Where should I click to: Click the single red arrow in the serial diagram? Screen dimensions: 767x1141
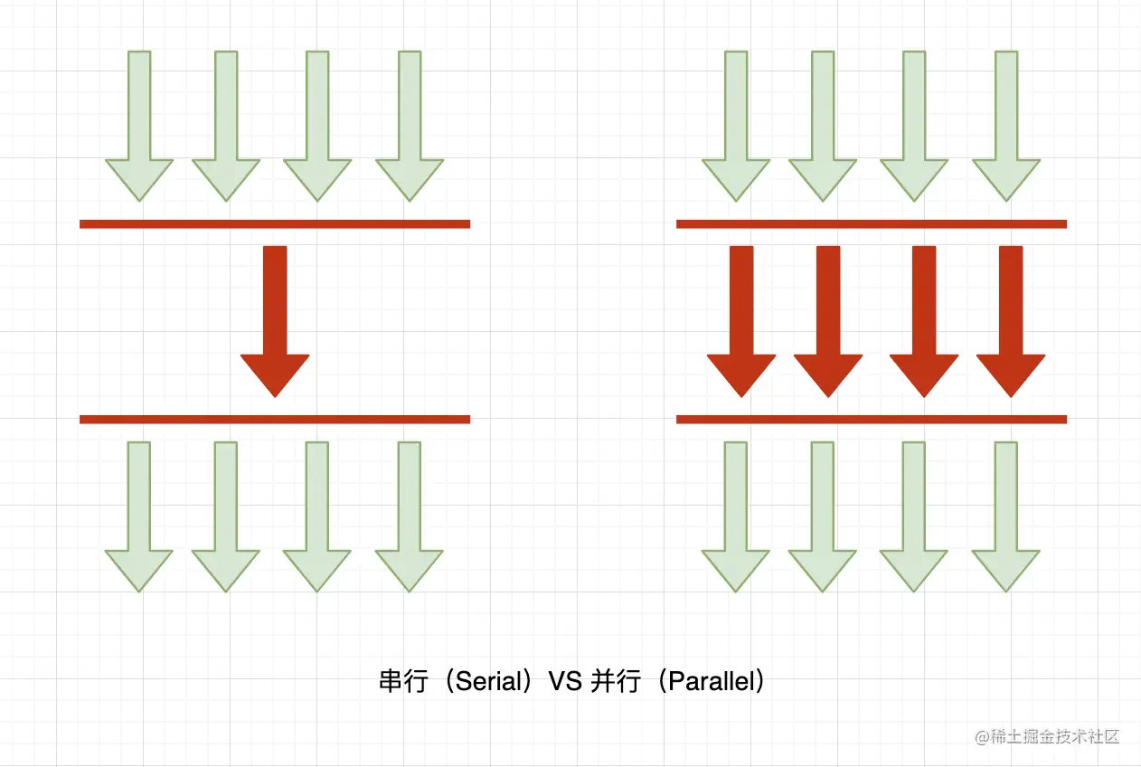point(275,317)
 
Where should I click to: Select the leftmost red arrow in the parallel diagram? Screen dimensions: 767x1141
point(741,317)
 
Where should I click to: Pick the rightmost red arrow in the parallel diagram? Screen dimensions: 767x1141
point(1011,317)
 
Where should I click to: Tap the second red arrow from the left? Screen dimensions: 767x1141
point(828,317)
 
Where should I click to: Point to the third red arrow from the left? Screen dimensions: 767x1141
point(924,317)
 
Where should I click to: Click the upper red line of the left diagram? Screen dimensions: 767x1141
point(275,223)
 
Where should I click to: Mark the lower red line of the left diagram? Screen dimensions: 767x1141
point(275,419)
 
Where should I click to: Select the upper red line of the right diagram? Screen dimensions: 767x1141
point(872,223)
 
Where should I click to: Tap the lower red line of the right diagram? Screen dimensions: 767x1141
point(872,419)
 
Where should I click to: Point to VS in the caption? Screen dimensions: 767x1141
point(566,682)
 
